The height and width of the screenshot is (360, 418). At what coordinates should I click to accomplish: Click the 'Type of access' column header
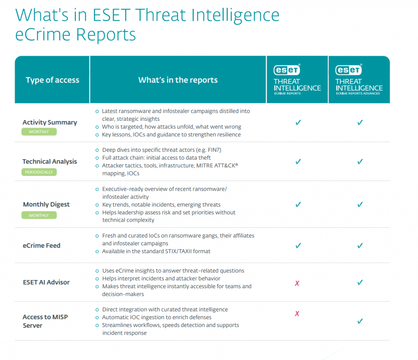click(x=52, y=80)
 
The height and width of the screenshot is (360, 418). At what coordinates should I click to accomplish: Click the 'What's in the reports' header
click(x=178, y=80)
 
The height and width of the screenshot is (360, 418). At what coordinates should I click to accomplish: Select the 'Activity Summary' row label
click(x=49, y=122)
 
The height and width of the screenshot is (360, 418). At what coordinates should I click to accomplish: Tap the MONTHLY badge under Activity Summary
click(x=39, y=132)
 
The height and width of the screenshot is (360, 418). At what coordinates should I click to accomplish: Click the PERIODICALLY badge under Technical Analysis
click(x=39, y=172)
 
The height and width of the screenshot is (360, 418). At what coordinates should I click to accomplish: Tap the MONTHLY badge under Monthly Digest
click(x=39, y=215)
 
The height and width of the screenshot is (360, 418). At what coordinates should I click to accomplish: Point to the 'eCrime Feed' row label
click(x=42, y=246)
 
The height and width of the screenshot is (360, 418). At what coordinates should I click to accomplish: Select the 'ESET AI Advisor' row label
click(x=46, y=282)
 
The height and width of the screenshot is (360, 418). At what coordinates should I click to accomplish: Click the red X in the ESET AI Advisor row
click(x=297, y=283)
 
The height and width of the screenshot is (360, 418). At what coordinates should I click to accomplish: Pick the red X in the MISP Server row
click(x=297, y=313)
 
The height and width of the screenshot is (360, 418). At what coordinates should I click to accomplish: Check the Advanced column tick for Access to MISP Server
click(x=360, y=321)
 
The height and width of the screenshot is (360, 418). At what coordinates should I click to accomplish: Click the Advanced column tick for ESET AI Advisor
click(x=360, y=282)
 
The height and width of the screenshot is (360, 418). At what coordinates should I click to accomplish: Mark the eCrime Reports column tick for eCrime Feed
click(x=298, y=246)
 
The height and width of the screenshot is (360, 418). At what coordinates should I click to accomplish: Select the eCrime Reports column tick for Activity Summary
click(x=298, y=122)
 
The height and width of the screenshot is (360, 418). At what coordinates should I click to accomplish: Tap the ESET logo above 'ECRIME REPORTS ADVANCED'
click(x=348, y=70)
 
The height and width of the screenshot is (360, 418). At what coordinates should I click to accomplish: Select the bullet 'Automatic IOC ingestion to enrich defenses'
click(x=157, y=317)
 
